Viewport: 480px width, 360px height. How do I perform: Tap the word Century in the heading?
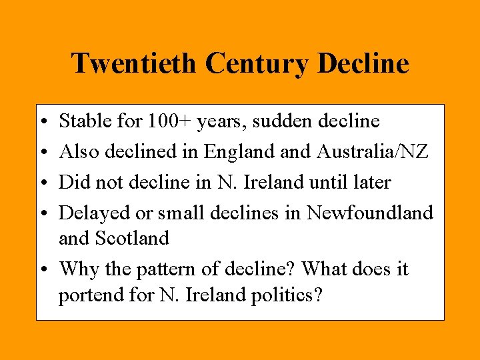click(256, 64)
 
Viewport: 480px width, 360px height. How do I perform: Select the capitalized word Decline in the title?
click(363, 64)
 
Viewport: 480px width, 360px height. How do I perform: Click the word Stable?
click(84, 121)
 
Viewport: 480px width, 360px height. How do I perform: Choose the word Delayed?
click(91, 213)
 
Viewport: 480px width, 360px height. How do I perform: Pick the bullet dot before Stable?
click(43, 123)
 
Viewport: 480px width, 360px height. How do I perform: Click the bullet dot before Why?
click(43, 270)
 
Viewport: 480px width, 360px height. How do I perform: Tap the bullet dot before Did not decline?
click(43, 183)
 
